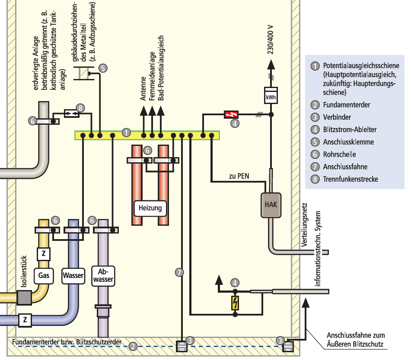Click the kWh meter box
(x=271, y=95)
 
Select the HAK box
(x=271, y=205)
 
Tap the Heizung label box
(x=150, y=208)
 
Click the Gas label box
(x=44, y=276)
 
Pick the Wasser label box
(x=73, y=276)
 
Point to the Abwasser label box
(x=103, y=276)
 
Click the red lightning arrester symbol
(x=231, y=114)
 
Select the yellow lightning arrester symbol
(x=235, y=303)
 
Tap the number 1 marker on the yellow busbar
(x=126, y=133)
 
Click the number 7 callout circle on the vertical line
(x=179, y=272)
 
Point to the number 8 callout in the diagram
(x=80, y=108)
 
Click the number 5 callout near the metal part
(x=103, y=68)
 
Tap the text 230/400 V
(x=271, y=40)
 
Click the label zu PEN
(x=239, y=176)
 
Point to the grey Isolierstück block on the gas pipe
(x=24, y=298)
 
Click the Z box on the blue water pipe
(x=25, y=320)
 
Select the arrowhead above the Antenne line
(x=143, y=111)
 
